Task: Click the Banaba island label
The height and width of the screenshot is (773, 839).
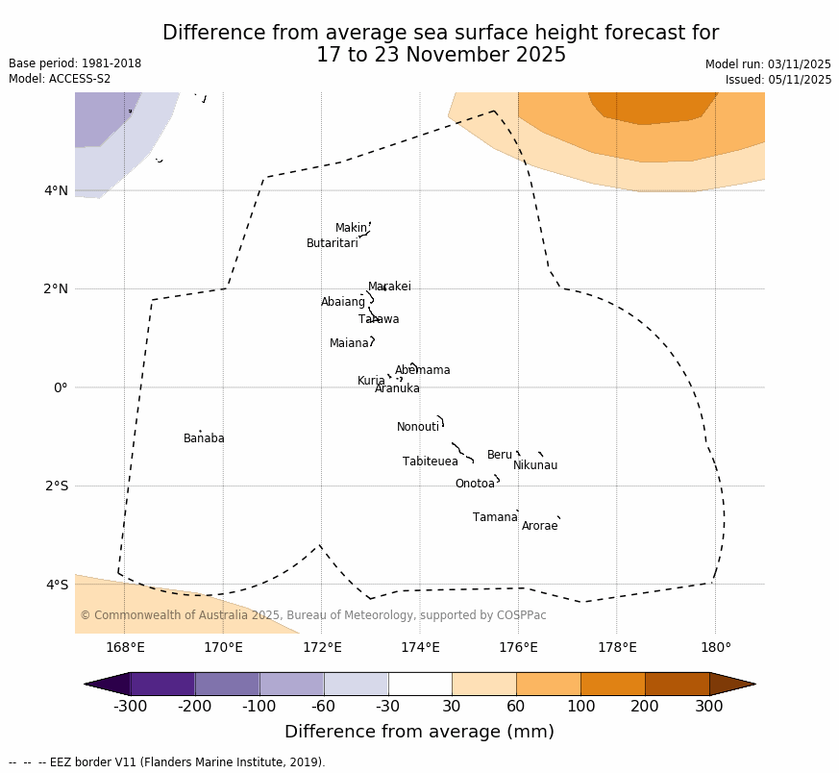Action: click(204, 438)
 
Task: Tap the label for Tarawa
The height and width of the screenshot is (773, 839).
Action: click(379, 319)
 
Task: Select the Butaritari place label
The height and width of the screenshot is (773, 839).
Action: click(332, 243)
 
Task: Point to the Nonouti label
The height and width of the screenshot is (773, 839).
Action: click(418, 427)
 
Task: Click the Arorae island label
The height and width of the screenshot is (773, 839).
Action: click(539, 526)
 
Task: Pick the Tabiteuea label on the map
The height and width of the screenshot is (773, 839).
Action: click(430, 461)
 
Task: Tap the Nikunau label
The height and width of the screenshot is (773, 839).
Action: click(535, 465)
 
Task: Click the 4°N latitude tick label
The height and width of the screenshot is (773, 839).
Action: click(57, 190)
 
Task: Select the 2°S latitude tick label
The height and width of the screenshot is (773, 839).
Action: click(57, 486)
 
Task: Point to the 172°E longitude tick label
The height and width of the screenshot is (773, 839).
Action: click(321, 647)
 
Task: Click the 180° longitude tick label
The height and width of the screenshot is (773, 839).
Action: click(715, 647)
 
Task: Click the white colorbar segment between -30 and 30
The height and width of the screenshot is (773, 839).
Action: click(420, 684)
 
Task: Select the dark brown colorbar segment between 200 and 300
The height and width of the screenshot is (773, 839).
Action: click(677, 684)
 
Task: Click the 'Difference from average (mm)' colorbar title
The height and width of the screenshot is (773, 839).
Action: click(419, 732)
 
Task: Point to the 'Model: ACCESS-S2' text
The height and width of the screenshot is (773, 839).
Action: click(60, 79)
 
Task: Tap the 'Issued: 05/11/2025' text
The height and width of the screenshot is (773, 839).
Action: click(778, 80)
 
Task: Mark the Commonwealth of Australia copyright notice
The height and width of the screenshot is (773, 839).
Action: click(313, 615)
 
